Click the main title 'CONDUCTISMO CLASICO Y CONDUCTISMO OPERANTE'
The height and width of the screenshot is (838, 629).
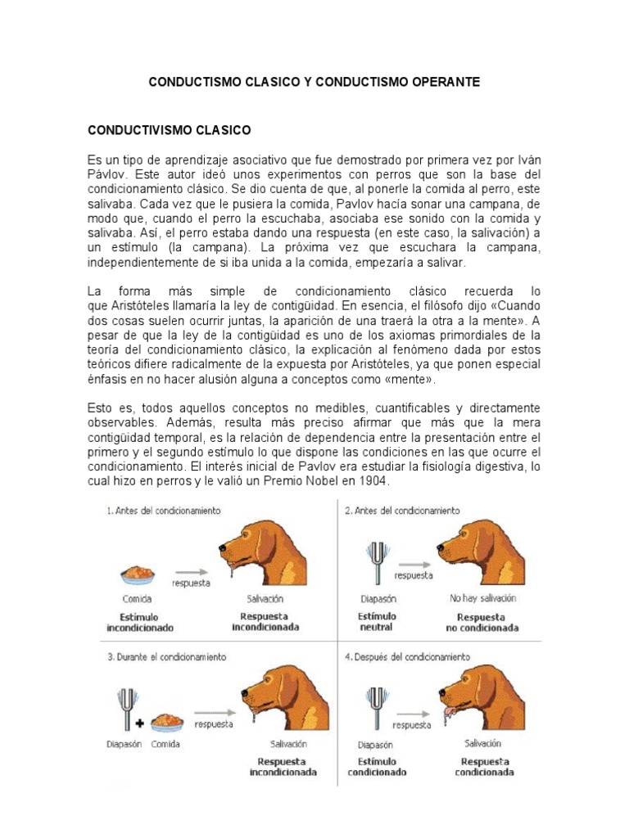314,83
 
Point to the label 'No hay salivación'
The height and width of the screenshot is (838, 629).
483,598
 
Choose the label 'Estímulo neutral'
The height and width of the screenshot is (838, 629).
377,621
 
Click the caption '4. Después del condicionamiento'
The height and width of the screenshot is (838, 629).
409,656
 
